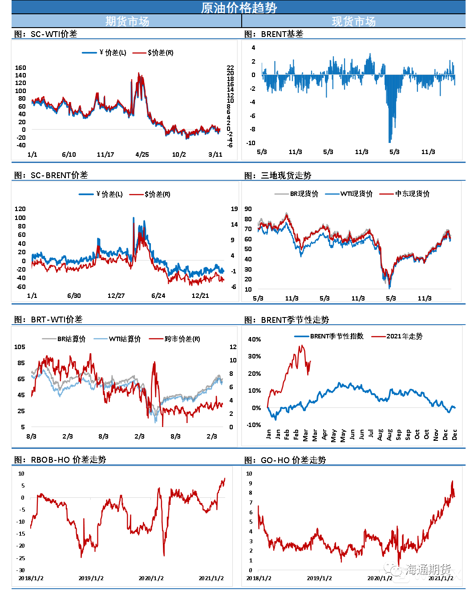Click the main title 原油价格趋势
point(239,8)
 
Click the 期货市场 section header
point(127,21)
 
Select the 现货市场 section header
point(353,21)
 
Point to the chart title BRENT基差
point(282,34)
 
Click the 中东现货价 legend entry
point(412,194)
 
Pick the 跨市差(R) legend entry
point(182,339)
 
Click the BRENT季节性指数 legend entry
point(336,336)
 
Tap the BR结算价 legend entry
point(71,339)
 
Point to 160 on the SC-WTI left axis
point(20,68)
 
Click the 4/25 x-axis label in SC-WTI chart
point(142,155)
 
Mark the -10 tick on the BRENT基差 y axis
point(251,143)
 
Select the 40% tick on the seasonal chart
point(255,339)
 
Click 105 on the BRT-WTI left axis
point(20,347)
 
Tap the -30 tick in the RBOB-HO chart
point(21,570)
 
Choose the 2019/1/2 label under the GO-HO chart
point(319,578)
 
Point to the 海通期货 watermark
point(428,570)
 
